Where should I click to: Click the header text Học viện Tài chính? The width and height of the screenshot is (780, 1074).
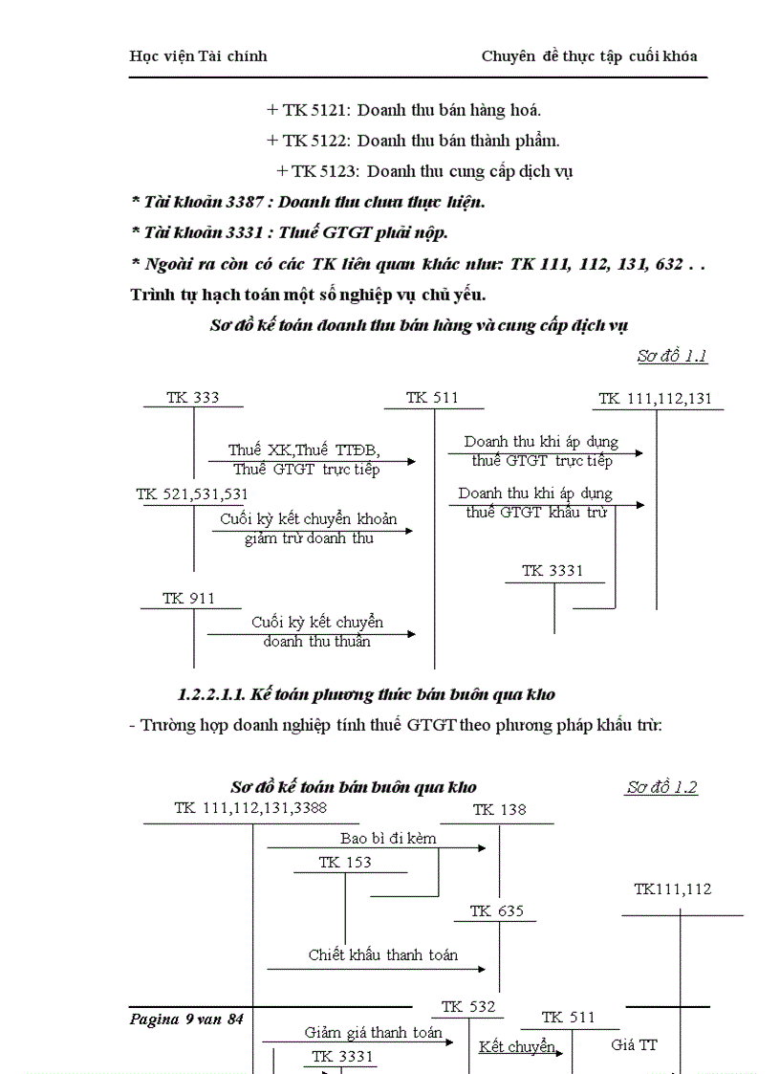tap(198, 55)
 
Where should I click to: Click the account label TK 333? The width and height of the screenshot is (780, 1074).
tap(193, 398)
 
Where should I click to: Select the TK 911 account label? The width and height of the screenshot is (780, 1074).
tap(188, 598)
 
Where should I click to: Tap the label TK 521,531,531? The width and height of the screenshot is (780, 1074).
tap(192, 493)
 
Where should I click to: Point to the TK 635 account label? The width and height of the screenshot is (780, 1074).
tap(497, 911)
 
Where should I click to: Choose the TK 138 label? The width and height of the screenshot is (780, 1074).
tap(499, 810)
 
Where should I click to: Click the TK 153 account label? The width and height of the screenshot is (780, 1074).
tap(345, 862)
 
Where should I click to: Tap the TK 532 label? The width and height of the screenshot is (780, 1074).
tap(468, 1006)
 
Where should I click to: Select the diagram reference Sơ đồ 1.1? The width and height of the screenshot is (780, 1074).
tap(672, 356)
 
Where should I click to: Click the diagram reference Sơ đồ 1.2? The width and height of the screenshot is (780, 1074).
tap(661, 787)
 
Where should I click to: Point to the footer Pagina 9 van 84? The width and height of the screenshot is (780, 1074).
tap(186, 1019)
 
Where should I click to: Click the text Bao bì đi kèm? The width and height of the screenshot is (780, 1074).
tap(388, 838)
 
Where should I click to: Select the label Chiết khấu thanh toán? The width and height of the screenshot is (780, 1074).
tap(382, 954)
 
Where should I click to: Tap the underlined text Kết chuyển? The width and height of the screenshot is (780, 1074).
tap(517, 1046)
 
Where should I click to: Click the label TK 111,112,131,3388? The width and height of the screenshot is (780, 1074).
tap(250, 808)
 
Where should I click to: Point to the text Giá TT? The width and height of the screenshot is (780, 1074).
tap(634, 1044)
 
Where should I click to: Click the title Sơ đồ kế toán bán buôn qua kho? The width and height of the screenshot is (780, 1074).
tap(354, 787)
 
